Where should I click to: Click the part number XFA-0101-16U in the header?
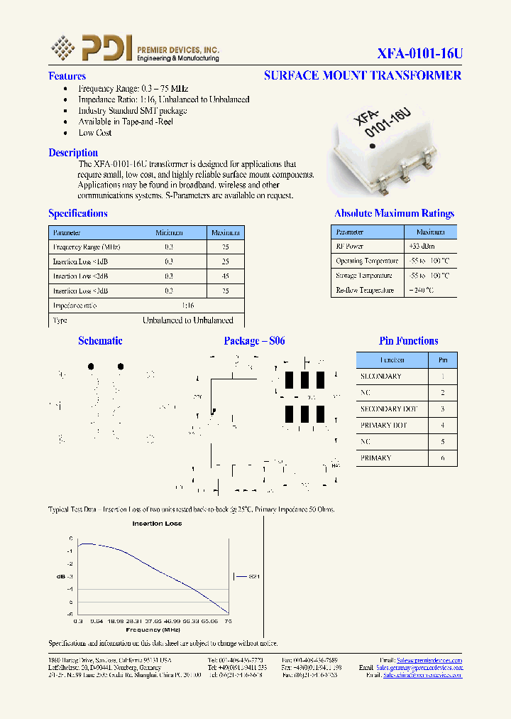coord(419,53)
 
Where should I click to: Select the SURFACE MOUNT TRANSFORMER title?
coord(362,75)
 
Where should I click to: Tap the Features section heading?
coord(67,76)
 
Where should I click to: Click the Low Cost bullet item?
coord(94,133)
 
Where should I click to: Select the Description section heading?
coord(73,153)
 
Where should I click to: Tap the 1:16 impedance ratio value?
coord(187,306)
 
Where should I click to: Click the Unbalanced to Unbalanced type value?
coord(187,320)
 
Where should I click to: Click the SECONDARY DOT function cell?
coord(389,409)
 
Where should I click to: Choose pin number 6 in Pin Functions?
coord(443,458)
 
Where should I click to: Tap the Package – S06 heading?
coord(254,341)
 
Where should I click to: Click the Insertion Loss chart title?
coord(157,524)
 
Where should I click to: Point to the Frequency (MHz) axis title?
coord(153,630)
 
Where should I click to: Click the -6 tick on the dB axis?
coord(71,614)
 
